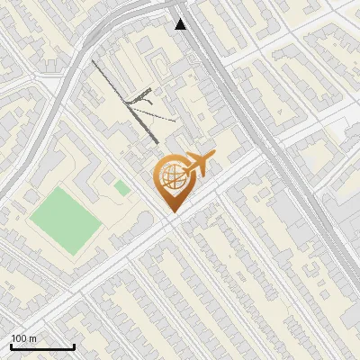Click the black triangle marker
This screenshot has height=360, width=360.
tap(182, 24)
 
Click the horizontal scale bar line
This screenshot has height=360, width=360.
tap(42, 346)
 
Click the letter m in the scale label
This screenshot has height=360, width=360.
tap(33, 338)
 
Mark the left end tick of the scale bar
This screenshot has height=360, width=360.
tap(11, 345)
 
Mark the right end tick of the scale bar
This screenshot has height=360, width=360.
tap(74, 345)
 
